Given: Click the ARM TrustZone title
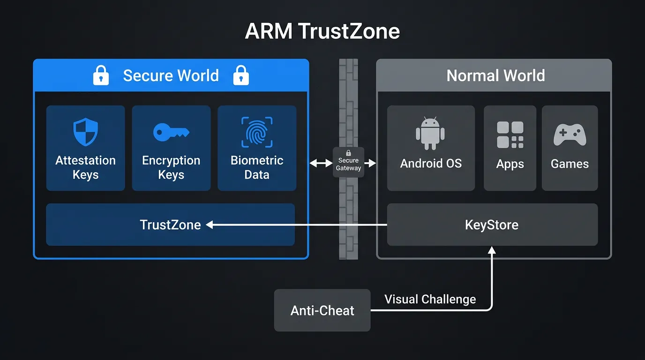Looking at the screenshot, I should (322, 31).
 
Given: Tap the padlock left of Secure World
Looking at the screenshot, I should (101, 75).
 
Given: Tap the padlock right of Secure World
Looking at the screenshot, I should (241, 75).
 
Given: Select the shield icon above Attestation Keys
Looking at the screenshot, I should (85, 132).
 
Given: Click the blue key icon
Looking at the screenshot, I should (171, 132).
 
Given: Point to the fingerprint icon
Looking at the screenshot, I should (257, 132).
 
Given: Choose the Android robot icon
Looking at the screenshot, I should (430, 133).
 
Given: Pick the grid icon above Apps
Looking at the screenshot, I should (510, 135).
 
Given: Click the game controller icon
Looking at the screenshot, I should (570, 135).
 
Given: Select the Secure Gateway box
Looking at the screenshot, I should (348, 162).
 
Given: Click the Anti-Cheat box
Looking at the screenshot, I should (322, 310).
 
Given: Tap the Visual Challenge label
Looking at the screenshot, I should (430, 299).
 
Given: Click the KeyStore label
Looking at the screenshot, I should (492, 225).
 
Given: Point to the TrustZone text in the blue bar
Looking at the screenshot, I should (170, 225).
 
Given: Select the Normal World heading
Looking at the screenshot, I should (495, 75).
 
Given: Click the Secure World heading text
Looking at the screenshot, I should (171, 75).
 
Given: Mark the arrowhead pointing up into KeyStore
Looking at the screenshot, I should (492, 251).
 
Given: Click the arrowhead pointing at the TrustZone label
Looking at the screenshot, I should (210, 225).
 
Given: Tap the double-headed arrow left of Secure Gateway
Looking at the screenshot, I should (321, 163).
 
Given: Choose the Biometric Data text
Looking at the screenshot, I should (257, 167).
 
